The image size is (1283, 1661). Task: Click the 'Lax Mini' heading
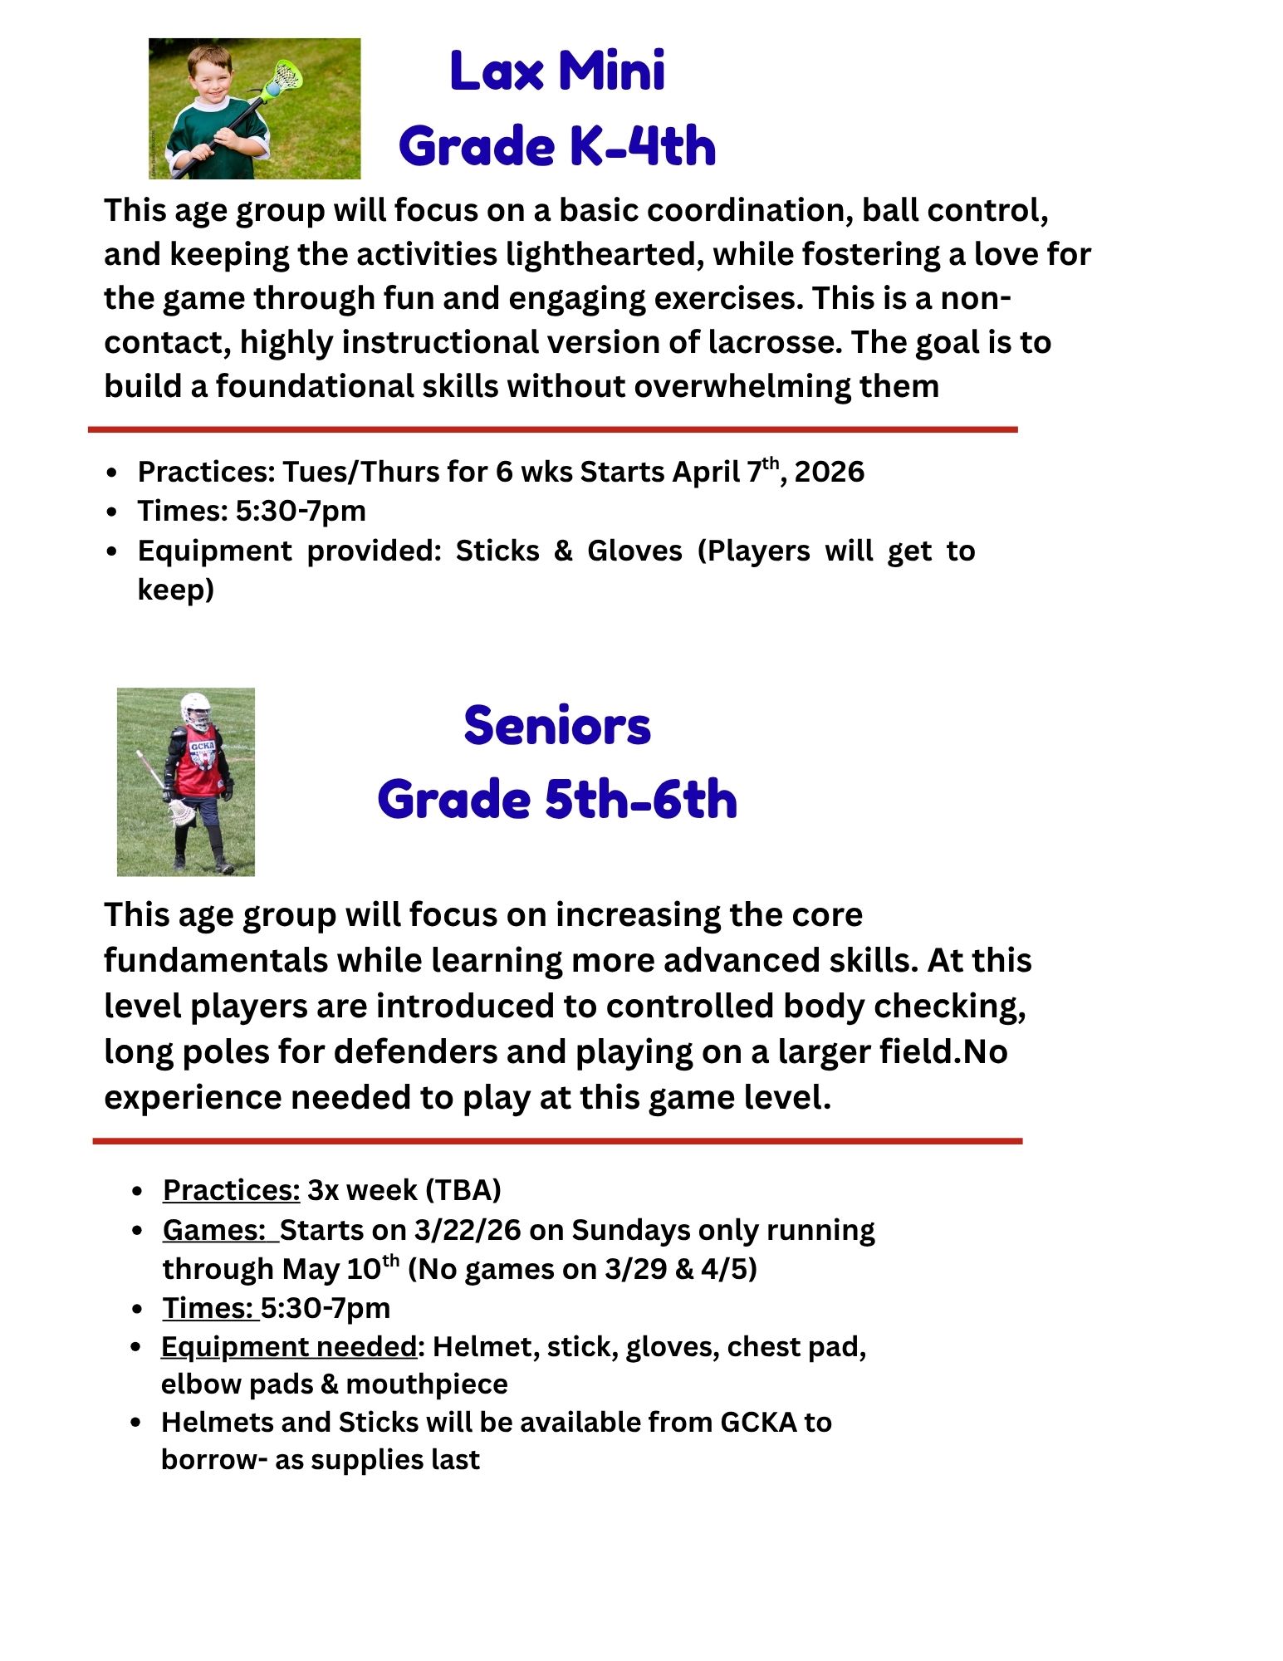(556, 71)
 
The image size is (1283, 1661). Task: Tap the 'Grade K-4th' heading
(556, 146)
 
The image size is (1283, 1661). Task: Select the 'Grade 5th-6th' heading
(556, 800)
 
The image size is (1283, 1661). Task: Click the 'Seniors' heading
(556, 725)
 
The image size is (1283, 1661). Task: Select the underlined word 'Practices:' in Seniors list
(231, 1190)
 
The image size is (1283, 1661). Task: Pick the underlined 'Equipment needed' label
(288, 1346)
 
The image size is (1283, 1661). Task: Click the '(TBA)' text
(463, 1190)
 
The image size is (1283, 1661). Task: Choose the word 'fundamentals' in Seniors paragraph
(215, 961)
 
